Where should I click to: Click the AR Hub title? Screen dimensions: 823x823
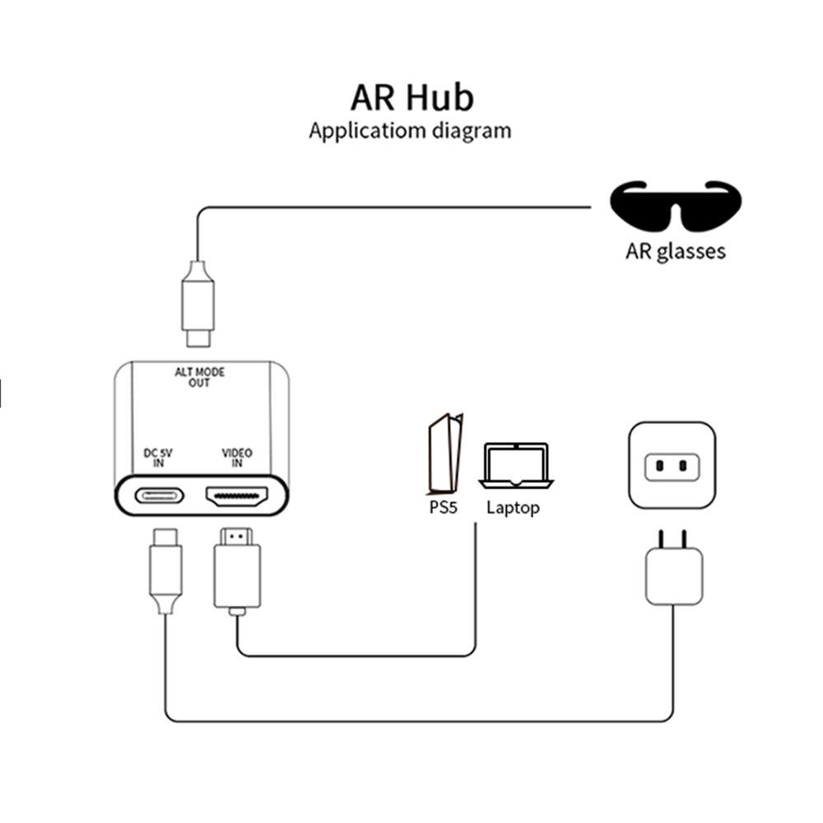[411, 97]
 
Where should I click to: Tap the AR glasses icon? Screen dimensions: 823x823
[676, 206]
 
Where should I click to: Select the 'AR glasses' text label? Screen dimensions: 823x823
[676, 250]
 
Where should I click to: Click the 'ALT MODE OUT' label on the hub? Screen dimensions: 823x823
[199, 378]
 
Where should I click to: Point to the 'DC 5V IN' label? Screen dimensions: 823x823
[158, 458]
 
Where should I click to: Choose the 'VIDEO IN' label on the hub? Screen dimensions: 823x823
[237, 458]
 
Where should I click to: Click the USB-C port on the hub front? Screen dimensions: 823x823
[159, 495]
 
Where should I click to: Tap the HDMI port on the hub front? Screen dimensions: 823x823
[237, 495]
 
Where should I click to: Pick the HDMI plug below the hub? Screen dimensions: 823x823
[237, 568]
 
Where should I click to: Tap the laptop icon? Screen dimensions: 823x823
[516, 465]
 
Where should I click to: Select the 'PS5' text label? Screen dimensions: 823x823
[443, 508]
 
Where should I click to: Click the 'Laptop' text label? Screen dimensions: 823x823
[513, 508]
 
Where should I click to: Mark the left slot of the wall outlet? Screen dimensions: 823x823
[660, 467]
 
